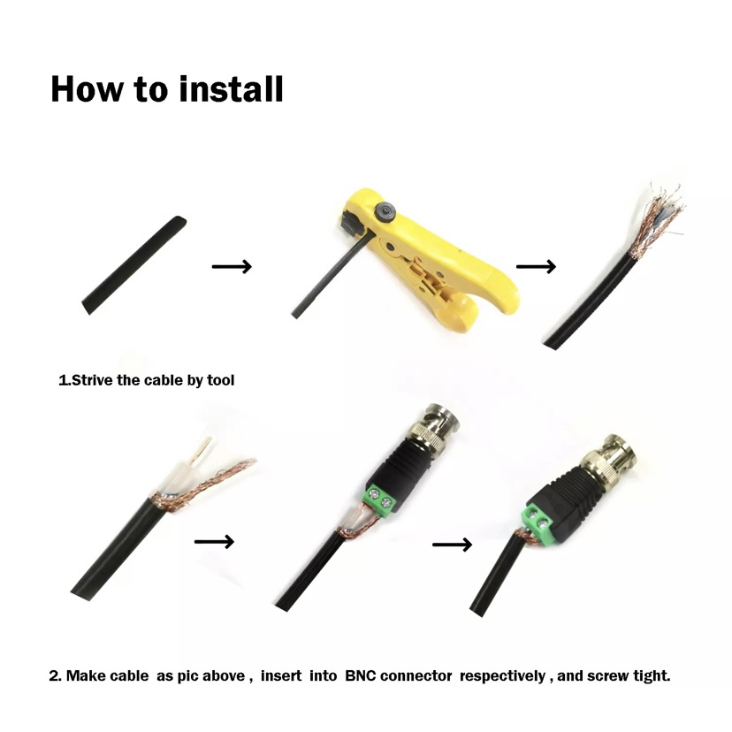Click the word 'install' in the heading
(231, 88)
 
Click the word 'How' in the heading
(88, 88)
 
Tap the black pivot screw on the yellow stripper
(386, 212)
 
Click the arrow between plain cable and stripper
(232, 267)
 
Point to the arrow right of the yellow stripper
(536, 267)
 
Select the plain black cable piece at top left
(134, 265)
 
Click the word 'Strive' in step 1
(93, 380)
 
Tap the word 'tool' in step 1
(220, 380)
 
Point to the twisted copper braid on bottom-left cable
(205, 485)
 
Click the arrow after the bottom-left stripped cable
(214, 542)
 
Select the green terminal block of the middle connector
(380, 499)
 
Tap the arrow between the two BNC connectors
(453, 545)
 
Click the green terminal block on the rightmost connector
(538, 522)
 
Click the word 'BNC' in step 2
(360, 675)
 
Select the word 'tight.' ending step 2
(652, 675)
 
